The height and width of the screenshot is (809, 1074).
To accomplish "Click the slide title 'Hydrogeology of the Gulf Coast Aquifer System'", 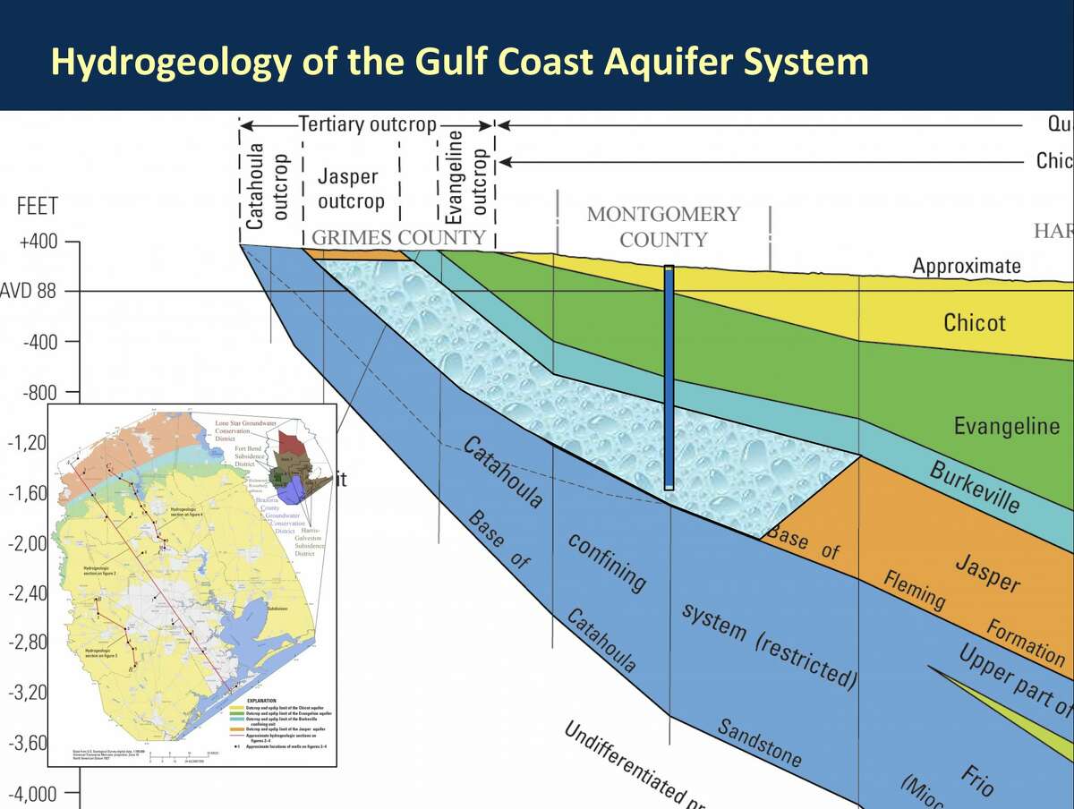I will pyautogui.click(x=459, y=61).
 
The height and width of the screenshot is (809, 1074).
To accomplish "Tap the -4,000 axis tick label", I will pyautogui.click(x=31, y=794).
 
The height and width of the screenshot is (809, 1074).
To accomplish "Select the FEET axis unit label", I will pyautogui.click(x=37, y=207).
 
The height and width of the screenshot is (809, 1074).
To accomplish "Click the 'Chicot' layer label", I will pyautogui.click(x=974, y=322).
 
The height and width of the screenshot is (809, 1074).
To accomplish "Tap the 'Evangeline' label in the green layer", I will pyautogui.click(x=1006, y=426).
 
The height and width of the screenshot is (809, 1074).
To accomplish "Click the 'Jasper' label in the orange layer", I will pyautogui.click(x=987, y=574).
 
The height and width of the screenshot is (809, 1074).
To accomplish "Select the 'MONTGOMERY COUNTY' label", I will pyautogui.click(x=663, y=227).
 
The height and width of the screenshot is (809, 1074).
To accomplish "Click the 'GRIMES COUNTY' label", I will pyautogui.click(x=398, y=238).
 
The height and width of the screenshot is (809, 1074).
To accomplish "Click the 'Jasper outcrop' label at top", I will pyautogui.click(x=351, y=189).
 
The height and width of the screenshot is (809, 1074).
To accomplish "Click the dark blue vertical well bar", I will pyautogui.click(x=669, y=376).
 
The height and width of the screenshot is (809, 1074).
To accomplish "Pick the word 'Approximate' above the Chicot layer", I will pyautogui.click(x=967, y=266).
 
